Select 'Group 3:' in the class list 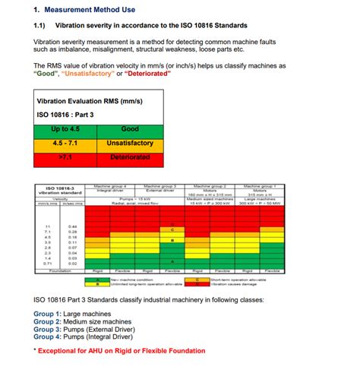52,331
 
